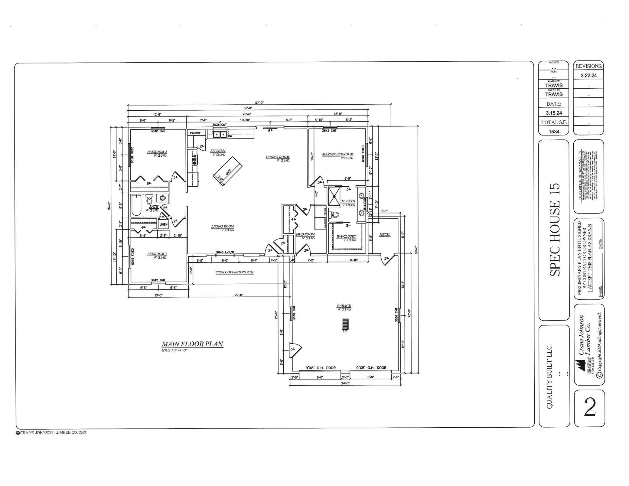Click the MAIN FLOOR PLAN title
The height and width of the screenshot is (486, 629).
[x=192, y=344]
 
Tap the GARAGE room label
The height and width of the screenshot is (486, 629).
[x=344, y=306]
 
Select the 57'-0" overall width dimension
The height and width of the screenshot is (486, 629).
[x=259, y=103]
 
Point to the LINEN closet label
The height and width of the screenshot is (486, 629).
[x=163, y=224]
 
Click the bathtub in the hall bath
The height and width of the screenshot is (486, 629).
[x=136, y=205]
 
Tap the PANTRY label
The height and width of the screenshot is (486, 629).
[x=195, y=133]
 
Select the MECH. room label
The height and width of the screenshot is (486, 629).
[x=385, y=234]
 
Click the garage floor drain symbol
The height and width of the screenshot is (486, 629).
[x=345, y=324]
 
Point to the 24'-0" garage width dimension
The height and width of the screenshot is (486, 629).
[x=345, y=383]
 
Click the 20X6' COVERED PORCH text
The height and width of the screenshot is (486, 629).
[x=234, y=272]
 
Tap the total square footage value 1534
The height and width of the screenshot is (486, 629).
[x=554, y=132]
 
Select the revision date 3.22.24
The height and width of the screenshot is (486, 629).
[x=588, y=75]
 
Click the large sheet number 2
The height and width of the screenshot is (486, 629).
[x=589, y=408]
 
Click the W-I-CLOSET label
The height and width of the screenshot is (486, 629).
[x=346, y=236]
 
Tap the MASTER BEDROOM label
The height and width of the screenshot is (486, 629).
[x=337, y=154]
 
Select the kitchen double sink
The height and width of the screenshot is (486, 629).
[x=220, y=134]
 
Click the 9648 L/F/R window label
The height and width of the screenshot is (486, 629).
[x=225, y=252]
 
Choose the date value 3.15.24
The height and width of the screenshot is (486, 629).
[x=554, y=113]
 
